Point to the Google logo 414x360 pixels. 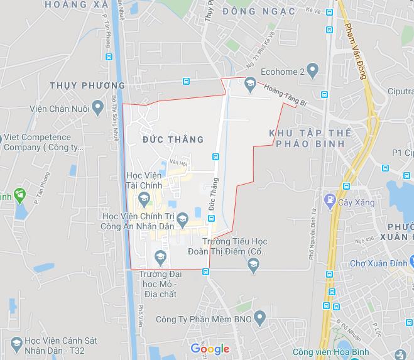(210, 349)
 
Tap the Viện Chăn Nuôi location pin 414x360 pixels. (97, 108)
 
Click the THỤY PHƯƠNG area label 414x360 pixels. (87, 85)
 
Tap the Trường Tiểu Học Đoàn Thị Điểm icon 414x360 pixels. (253, 265)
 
